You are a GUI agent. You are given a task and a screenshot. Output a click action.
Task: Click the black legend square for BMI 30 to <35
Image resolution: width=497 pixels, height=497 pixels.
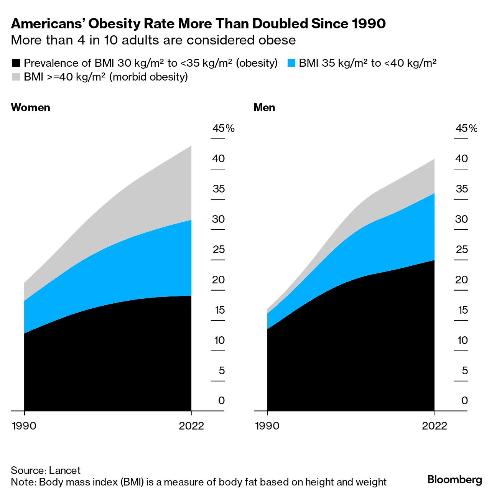pos(16,63)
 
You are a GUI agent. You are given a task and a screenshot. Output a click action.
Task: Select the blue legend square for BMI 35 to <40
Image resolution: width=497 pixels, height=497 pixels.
pos(291,63)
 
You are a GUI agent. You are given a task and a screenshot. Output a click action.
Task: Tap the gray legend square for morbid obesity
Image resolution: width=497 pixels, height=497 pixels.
pos(16,77)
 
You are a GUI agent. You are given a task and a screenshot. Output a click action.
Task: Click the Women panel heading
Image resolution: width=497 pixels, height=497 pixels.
pos(31,107)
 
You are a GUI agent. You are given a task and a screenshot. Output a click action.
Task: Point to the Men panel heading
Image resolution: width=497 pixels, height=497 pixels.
pos(264,107)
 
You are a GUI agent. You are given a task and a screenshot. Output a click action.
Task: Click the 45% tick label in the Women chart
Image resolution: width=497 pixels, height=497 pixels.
pos(223,128)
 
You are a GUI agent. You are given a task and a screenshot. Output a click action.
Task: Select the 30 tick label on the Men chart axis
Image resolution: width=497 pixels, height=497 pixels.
pos(461,219)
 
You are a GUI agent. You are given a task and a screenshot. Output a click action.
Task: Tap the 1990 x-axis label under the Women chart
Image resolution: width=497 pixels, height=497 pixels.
pos(24,426)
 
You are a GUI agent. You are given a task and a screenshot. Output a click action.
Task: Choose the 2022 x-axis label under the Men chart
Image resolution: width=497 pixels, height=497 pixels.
pos(434,426)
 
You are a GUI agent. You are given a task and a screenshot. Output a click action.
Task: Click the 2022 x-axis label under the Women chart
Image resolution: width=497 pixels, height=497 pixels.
pos(191,426)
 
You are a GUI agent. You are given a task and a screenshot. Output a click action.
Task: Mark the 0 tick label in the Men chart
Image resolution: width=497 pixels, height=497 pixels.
pos(464,400)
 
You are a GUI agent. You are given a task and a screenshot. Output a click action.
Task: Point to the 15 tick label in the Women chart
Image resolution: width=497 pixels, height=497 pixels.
pos(219,310)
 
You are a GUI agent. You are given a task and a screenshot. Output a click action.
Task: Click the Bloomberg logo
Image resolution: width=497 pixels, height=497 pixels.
pos(454,479)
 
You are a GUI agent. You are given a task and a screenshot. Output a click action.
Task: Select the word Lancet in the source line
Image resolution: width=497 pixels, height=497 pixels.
pos(65,470)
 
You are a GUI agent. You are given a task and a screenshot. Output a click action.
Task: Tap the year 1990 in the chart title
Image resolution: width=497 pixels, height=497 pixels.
pos(369,24)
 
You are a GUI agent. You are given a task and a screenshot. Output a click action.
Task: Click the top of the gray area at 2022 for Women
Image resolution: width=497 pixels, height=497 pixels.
pos(191,146)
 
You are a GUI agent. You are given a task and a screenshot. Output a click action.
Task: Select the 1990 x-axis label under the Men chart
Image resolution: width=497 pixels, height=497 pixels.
pos(267,426)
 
